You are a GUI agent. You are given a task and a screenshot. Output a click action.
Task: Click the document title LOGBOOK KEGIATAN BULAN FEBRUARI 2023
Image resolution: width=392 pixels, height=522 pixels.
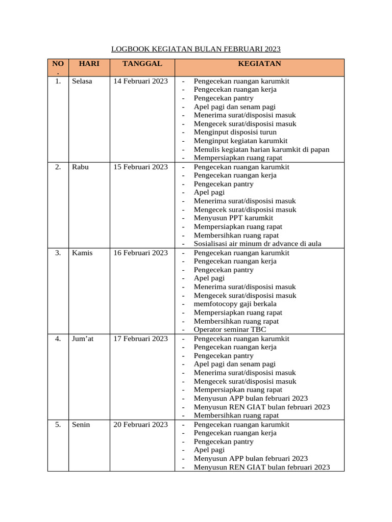[196, 49]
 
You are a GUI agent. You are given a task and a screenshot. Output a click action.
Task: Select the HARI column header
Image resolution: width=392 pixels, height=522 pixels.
[89, 64]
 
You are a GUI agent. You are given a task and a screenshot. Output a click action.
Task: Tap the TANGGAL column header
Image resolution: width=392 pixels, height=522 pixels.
[142, 64]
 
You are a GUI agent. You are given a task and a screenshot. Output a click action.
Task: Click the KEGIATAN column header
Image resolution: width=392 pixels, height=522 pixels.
[259, 64]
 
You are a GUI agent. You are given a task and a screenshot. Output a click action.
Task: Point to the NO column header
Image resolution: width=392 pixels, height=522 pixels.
[58, 64]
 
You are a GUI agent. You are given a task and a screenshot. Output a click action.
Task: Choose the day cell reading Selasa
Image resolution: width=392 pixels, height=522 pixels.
[82, 81]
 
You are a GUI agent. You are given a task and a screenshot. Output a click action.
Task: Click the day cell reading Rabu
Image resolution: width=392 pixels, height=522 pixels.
[80, 167]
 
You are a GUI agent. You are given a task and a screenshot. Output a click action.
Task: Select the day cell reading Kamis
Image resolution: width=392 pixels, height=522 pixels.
[82, 253]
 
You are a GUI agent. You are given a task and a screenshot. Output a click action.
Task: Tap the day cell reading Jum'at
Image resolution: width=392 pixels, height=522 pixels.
[83, 338]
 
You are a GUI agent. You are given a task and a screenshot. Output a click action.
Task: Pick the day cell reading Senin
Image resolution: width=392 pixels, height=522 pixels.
[81, 425]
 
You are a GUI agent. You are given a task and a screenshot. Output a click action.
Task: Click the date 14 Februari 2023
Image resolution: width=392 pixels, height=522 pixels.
[140, 81]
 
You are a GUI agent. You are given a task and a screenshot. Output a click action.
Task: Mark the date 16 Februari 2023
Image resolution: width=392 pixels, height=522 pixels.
[140, 253]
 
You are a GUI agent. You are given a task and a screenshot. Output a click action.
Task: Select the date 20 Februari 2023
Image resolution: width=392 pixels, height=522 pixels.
[140, 425]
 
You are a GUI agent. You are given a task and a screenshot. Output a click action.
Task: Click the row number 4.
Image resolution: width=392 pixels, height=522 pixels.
[58, 338]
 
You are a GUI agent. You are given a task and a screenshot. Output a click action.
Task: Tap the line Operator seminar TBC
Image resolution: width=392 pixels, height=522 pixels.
[230, 330]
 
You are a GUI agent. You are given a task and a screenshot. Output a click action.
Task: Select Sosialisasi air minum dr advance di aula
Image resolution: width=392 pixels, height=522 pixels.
[257, 244]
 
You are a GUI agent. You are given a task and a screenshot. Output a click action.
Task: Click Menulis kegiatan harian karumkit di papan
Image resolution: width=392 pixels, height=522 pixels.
[261, 149]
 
